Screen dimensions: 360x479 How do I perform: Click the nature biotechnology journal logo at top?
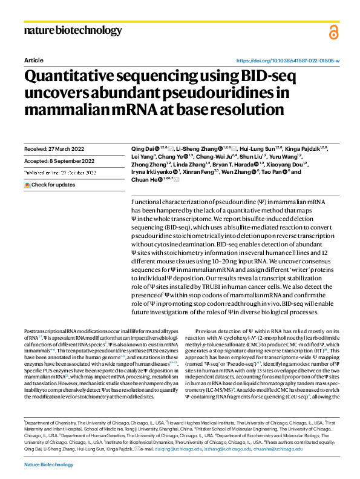click(x=73, y=30)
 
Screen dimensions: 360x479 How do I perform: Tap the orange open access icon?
click(x=333, y=32)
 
